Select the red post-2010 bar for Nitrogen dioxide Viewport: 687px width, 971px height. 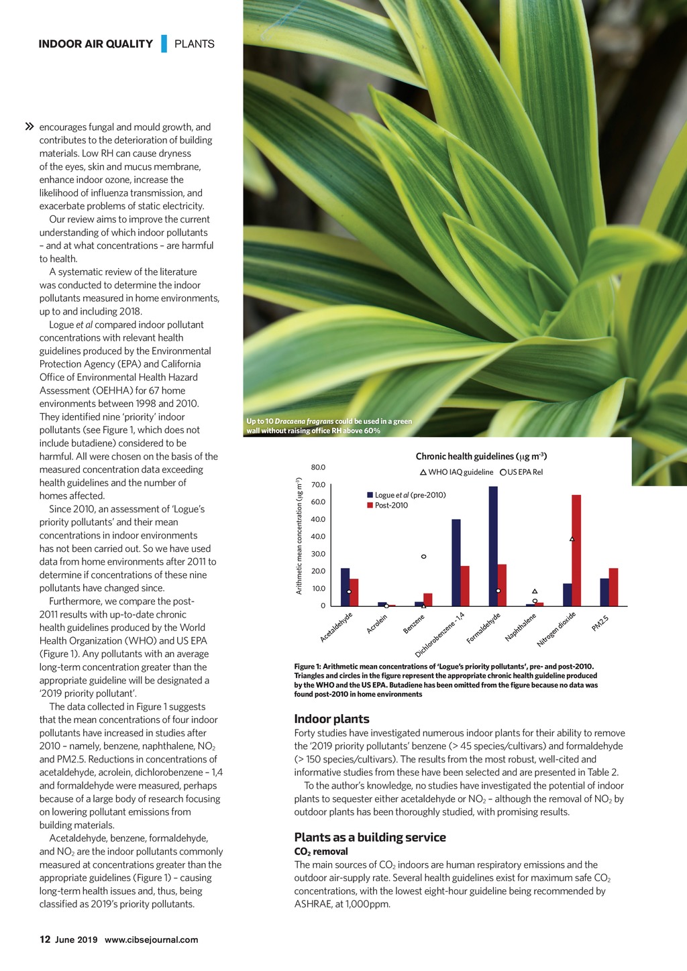(x=576, y=550)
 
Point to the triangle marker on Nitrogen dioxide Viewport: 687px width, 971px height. (x=572, y=539)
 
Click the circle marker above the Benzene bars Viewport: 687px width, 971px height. (x=423, y=557)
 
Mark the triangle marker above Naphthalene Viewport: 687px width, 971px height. (x=535, y=591)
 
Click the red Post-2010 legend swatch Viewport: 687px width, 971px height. (x=370, y=505)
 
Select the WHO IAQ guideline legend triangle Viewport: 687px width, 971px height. (x=423, y=472)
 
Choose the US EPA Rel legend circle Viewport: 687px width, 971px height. (x=503, y=472)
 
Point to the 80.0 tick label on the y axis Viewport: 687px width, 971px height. (x=318, y=467)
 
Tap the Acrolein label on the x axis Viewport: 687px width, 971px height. (x=377, y=624)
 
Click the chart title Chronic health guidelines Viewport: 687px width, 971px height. (x=481, y=456)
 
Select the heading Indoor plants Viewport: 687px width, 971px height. (x=331, y=719)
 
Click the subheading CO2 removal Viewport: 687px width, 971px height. (x=321, y=852)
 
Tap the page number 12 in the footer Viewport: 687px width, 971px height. (x=45, y=939)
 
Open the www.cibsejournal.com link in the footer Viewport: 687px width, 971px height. (x=151, y=939)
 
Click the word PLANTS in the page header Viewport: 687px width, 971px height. (x=195, y=44)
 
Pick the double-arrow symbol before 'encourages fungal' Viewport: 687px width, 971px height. (x=30, y=127)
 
